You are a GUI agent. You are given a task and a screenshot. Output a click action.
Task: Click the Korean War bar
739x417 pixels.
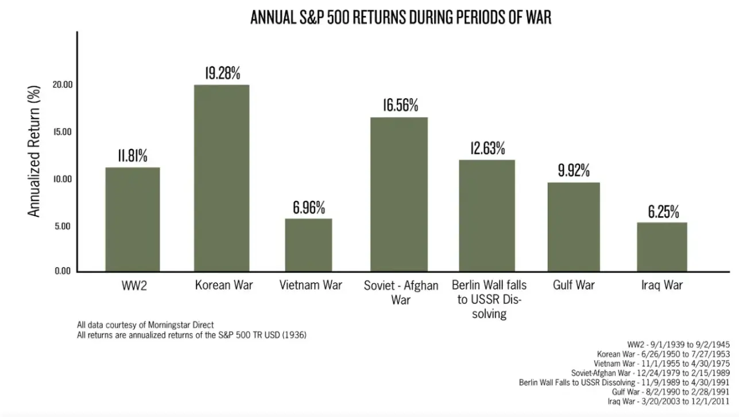222,178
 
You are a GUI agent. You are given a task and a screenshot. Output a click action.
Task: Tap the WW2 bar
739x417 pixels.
133,220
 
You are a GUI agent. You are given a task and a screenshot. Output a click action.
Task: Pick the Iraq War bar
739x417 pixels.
663,247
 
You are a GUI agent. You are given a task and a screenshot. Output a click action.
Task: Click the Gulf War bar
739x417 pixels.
572,227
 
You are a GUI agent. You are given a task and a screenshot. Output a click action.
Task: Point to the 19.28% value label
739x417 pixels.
222,73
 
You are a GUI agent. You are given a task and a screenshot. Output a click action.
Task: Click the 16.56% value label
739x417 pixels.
400,106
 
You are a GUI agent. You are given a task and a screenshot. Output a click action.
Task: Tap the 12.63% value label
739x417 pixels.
487,149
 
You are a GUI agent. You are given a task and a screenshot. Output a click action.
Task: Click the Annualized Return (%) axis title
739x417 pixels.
34,151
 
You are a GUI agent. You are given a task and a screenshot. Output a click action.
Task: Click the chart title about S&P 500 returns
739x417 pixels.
400,17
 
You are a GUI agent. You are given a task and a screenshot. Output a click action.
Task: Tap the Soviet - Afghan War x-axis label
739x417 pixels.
401,292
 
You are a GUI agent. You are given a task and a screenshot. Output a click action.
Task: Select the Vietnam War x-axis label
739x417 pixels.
311,285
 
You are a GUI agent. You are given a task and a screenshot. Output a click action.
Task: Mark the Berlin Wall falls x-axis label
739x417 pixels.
489,299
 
